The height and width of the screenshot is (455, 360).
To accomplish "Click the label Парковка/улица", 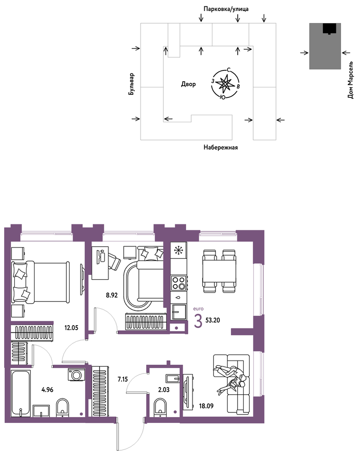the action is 226,9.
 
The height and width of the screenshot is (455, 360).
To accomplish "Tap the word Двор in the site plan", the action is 188,84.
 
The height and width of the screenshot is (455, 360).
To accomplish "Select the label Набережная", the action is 220,148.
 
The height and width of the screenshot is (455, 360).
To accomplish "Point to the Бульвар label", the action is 132,84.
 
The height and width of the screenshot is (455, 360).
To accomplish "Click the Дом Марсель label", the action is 350,80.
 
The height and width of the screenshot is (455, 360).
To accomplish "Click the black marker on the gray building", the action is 330,29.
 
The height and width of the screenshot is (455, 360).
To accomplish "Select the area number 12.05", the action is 71,328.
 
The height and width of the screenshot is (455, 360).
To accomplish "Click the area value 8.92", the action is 112,296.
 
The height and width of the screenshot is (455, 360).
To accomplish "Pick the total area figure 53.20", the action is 213,320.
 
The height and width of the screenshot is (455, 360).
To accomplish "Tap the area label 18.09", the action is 206,406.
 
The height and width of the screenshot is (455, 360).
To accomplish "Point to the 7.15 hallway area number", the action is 122,379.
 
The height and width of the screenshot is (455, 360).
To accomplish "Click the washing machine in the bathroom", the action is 77,374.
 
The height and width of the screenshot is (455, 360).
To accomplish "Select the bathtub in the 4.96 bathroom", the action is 20,393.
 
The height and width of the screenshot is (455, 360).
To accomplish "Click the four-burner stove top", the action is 178,283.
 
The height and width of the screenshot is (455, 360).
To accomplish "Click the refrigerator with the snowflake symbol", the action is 178,250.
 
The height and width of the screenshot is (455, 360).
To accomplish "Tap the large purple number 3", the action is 198,321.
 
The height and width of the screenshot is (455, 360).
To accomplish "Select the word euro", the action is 198,309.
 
